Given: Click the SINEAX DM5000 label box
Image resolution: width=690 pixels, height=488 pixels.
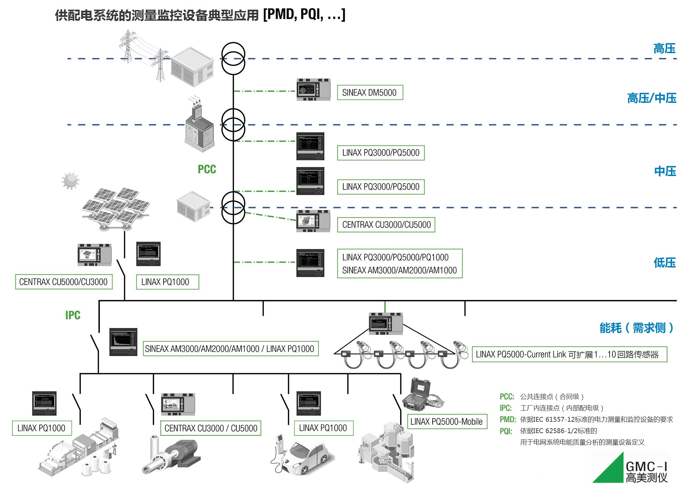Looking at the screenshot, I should [x=369, y=92].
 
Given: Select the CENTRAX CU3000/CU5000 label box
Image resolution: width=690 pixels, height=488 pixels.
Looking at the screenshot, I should [x=386, y=225].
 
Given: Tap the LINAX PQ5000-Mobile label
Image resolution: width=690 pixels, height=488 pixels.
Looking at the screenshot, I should [x=447, y=422].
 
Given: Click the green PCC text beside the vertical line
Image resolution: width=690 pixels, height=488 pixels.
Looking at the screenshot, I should [x=207, y=169].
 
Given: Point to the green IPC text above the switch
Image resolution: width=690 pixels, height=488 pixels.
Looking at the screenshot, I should [x=73, y=315].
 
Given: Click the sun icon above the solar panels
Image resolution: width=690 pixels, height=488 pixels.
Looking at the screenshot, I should [x=70, y=180].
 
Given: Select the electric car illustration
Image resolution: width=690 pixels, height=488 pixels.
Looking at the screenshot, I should [x=304, y=456].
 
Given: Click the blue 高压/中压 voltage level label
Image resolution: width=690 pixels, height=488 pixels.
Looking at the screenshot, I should [x=651, y=98].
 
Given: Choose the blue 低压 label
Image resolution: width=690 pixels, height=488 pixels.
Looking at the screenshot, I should [x=664, y=263].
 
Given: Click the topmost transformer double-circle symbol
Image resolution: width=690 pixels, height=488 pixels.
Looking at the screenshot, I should [x=233, y=58].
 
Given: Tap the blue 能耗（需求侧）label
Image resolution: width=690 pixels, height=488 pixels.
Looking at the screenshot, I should [x=637, y=328].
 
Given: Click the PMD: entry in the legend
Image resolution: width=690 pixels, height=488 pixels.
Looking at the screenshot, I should [x=507, y=419].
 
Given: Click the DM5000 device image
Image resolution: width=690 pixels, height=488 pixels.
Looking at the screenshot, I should [x=313, y=90].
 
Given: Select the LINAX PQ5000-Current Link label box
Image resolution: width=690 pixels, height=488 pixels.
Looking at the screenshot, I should [x=569, y=354].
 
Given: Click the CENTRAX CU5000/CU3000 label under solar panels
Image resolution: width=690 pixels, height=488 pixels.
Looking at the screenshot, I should [x=64, y=282].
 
